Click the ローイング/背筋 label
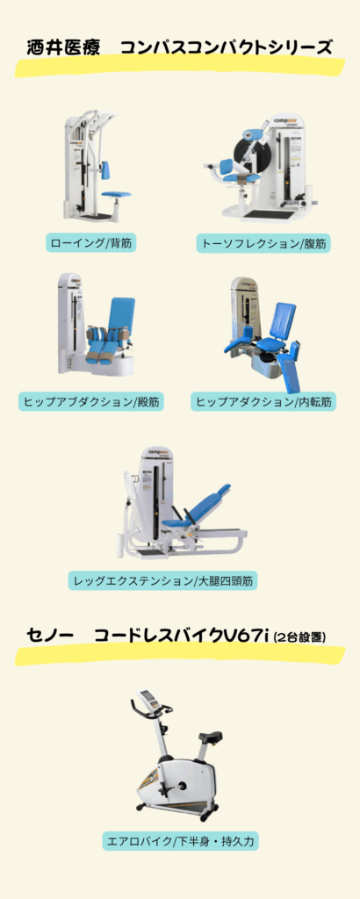coord(91,243)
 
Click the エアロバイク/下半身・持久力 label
coord(180,842)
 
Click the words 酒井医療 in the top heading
coord(64,47)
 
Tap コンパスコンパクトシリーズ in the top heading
coord(227,47)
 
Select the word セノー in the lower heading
coord(50,636)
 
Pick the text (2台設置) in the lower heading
coord(299,637)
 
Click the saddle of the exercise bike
coord(211,736)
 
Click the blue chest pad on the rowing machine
coord(106,169)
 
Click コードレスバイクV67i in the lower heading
coord(182,636)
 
